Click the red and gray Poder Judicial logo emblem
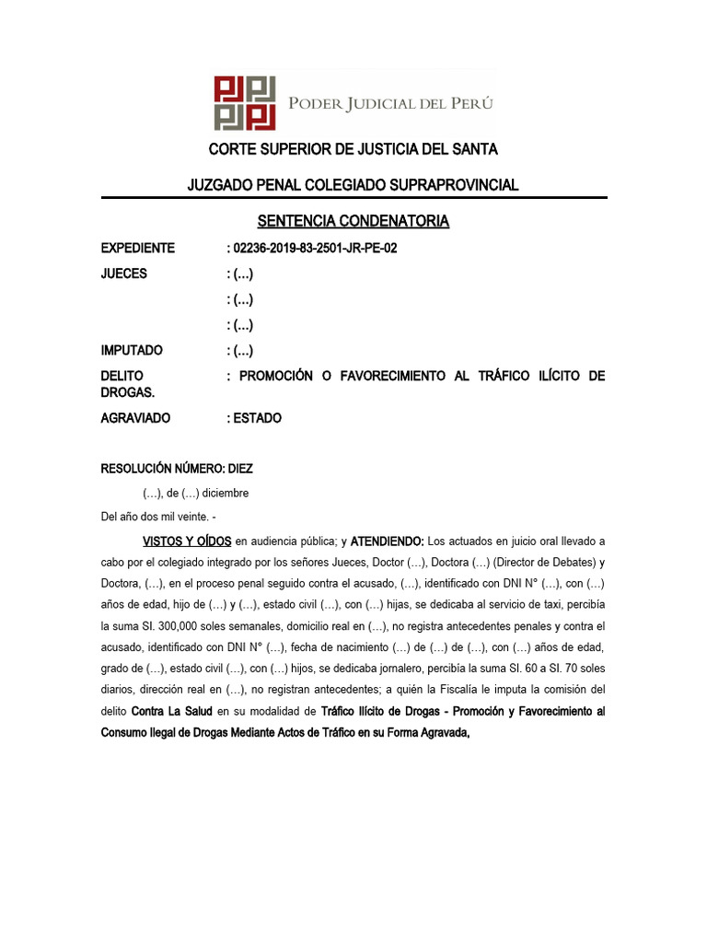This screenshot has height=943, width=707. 245,102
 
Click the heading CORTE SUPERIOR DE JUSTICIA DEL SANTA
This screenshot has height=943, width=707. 353,149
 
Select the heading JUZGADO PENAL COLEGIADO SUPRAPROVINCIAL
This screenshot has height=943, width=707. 353,185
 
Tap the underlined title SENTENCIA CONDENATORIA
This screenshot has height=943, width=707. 353,221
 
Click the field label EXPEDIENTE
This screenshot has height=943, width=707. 137,249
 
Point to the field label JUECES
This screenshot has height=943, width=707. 123,274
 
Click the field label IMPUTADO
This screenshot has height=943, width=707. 132,350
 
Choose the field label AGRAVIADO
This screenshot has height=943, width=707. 135,418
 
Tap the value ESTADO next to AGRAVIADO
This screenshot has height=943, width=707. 258,418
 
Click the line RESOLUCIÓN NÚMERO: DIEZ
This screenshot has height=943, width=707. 177,469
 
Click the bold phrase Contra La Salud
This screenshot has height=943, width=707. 172,712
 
